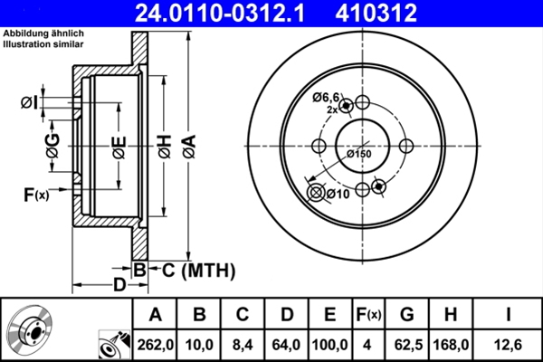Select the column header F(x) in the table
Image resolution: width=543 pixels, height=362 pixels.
[370, 315]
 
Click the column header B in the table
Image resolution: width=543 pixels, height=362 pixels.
[199, 315]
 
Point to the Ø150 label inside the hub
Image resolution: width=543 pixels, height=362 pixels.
[359, 154]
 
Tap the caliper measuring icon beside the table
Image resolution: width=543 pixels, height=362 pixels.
[112, 344]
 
